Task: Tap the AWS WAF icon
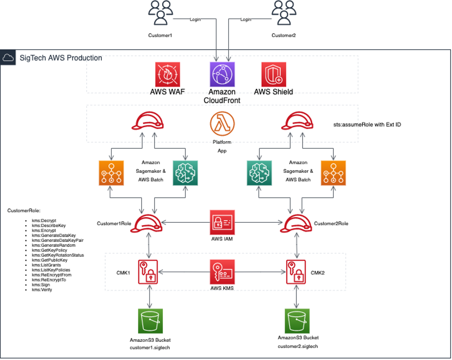point(168,74)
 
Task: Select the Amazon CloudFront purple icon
point(221,74)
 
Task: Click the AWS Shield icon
point(274,74)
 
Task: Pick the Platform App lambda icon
point(222,123)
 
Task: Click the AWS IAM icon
point(222,222)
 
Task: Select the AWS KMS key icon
point(222,272)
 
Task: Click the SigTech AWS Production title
point(61,58)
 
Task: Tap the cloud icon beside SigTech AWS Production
point(8,58)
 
